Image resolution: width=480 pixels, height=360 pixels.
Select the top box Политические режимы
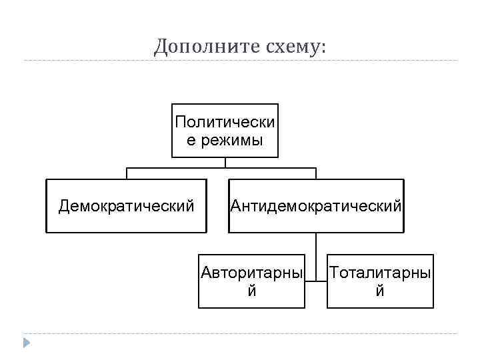(x=225, y=131)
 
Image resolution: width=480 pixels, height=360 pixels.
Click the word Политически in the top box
(x=225, y=122)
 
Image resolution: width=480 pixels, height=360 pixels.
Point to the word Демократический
(x=126, y=206)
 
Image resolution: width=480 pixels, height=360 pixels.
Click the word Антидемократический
(x=316, y=206)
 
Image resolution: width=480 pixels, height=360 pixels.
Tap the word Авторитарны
(x=251, y=273)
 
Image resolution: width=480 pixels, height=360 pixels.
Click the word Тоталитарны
(x=380, y=273)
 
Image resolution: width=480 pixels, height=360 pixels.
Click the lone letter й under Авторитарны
(x=251, y=291)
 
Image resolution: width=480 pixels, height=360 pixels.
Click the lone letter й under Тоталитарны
(x=380, y=291)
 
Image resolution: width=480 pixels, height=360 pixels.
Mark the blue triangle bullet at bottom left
(x=26, y=343)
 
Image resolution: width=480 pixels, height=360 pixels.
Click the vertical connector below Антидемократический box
(x=316, y=243)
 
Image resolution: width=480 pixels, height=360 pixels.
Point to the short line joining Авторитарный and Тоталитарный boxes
(x=316, y=281)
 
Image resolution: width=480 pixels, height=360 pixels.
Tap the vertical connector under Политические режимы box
(x=225, y=162)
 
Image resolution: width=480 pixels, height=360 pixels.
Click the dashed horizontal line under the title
(x=240, y=61)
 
